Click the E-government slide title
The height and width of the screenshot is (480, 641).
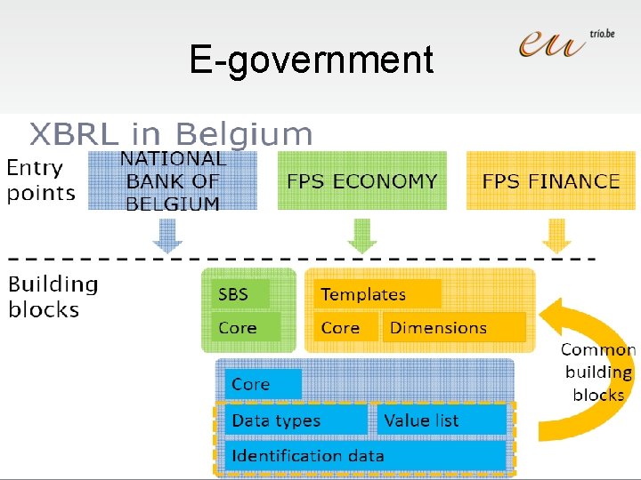pyautogui.click(x=311, y=60)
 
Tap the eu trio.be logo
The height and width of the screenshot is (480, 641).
pyautogui.click(x=565, y=43)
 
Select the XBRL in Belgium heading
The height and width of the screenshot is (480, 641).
pyautogui.click(x=171, y=134)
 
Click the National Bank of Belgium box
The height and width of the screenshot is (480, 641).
pyautogui.click(x=173, y=181)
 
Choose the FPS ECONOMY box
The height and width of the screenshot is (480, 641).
pyautogui.click(x=361, y=181)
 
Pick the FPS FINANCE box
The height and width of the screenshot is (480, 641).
pyautogui.click(x=550, y=181)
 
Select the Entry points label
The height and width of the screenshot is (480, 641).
pyautogui.click(x=40, y=180)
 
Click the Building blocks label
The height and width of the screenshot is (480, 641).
pyautogui.click(x=53, y=297)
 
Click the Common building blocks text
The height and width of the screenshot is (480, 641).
pyautogui.click(x=597, y=372)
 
